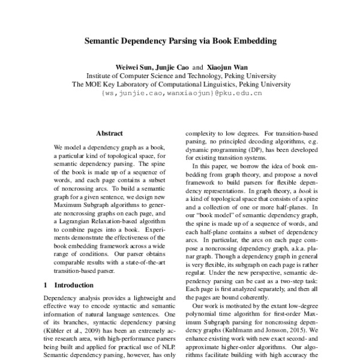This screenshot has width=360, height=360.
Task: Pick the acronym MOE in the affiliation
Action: (95, 85)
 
